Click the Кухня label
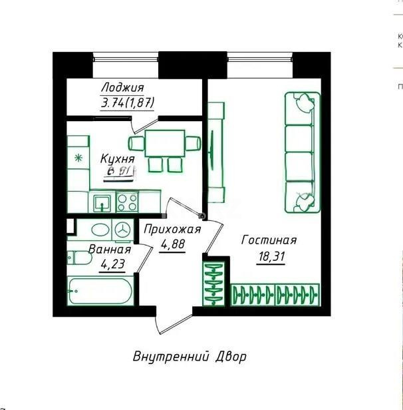117,159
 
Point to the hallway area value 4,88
172,243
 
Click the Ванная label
109,250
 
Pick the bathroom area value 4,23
112,264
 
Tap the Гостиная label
269,240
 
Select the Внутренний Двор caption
189,356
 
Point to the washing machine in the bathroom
123,230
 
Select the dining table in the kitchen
166,142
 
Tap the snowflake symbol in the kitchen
78,158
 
